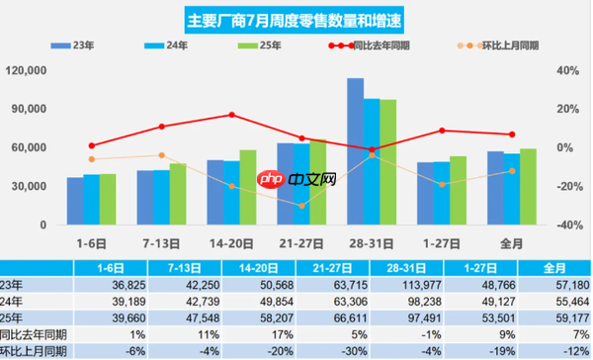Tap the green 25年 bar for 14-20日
[x=248, y=187]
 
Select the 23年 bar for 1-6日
[x=75, y=201]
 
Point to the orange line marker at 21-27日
[x=302, y=206]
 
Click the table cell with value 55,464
[x=552, y=301]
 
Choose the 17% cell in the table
[x=263, y=334]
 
